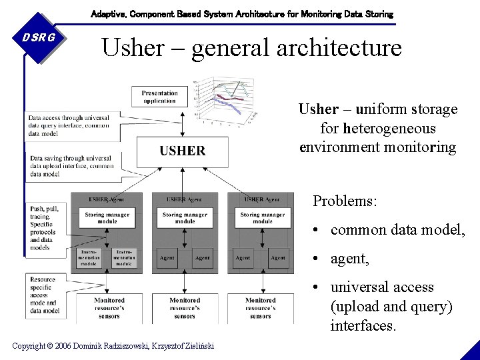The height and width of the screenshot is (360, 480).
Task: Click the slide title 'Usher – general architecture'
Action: coord(251,47)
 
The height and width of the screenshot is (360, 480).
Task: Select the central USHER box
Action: coord(182,151)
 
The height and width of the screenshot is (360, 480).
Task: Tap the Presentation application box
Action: coord(159,97)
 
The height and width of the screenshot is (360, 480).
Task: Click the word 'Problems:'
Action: coord(345,201)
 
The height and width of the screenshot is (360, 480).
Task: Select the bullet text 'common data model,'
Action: coord(397,230)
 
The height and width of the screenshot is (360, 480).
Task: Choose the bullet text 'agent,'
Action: coord(349,259)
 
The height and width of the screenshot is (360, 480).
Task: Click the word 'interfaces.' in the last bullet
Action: coord(363,326)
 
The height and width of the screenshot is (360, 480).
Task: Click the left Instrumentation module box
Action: coord(89,258)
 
